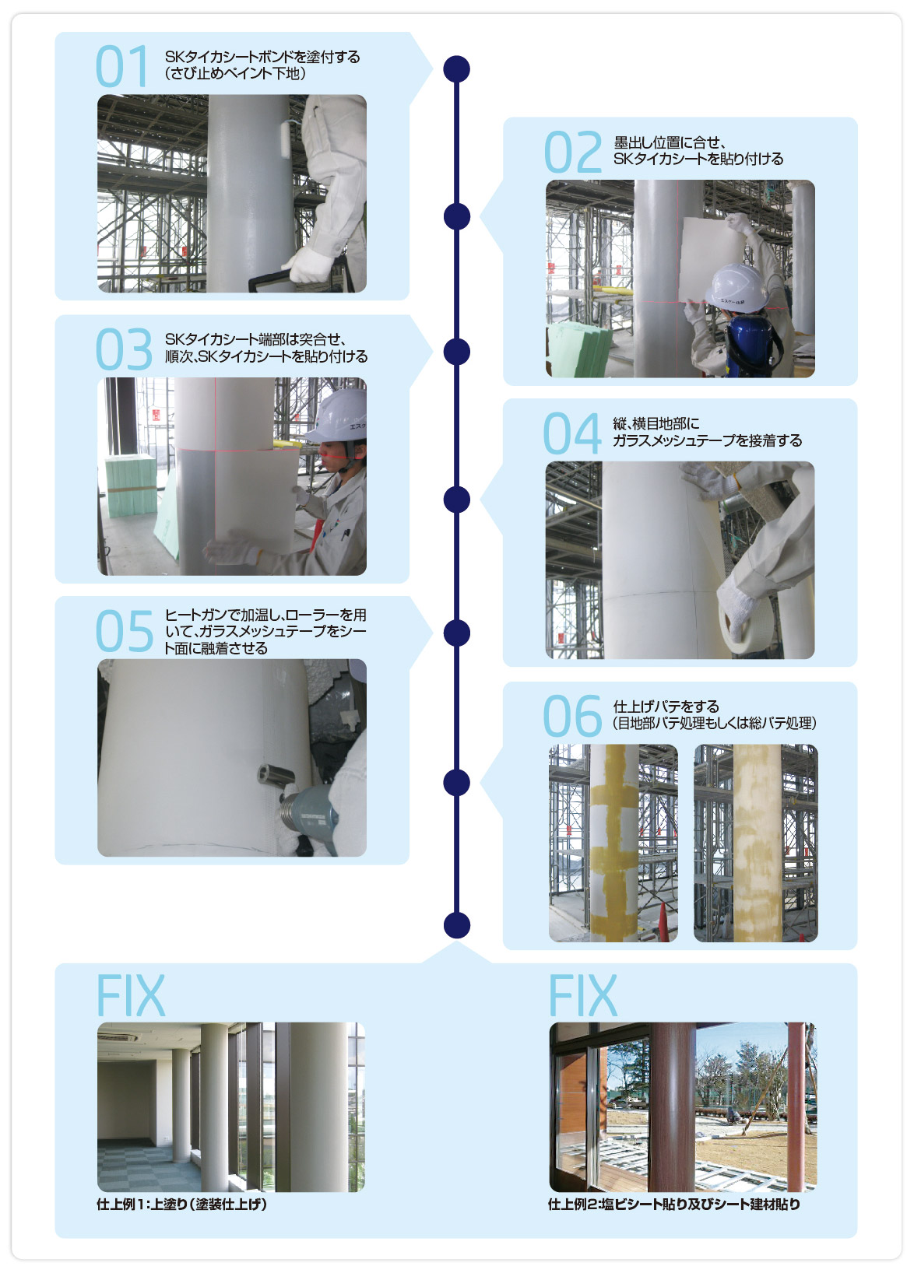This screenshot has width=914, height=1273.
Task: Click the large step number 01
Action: click(x=121, y=66)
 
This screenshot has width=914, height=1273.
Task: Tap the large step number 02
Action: click(x=572, y=152)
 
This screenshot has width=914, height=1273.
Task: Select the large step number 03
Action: click(x=124, y=349)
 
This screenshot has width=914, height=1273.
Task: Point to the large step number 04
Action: click(x=571, y=433)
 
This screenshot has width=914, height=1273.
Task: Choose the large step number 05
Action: click(x=124, y=631)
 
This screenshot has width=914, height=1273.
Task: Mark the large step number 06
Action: click(x=571, y=716)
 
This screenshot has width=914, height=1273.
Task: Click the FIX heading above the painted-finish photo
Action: click(x=130, y=994)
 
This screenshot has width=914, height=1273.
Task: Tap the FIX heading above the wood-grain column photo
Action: click(x=582, y=994)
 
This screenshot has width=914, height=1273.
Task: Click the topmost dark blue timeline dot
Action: click(x=456, y=69)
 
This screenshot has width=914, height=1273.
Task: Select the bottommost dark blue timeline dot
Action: click(x=456, y=925)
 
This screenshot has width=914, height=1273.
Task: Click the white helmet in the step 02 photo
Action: click(x=736, y=288)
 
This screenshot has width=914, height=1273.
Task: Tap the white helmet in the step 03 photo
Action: click(x=339, y=416)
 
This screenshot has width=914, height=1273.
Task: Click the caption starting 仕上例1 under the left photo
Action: click(x=181, y=1205)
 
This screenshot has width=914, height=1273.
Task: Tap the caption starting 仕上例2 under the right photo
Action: click(x=674, y=1205)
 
